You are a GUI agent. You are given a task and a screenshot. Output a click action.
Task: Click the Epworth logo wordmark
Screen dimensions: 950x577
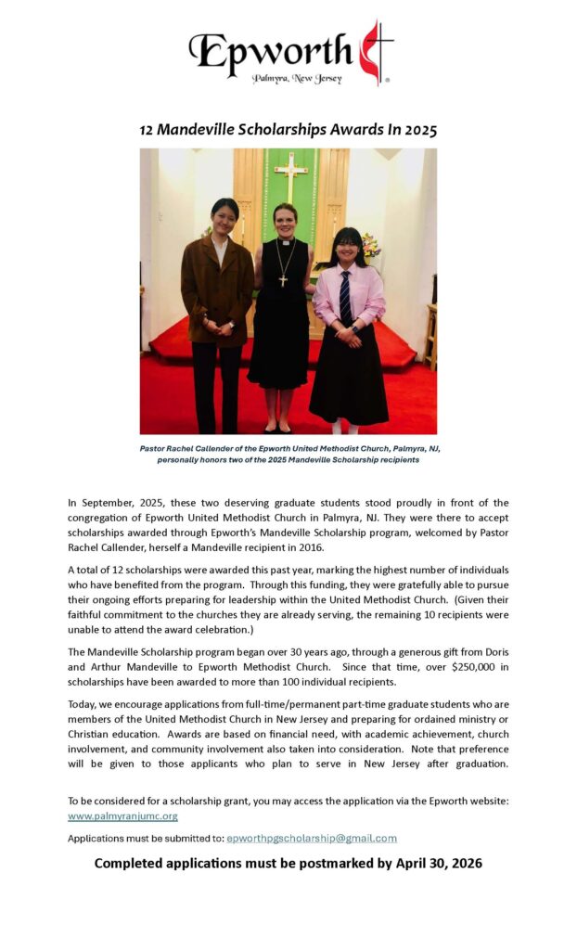(x=270, y=51)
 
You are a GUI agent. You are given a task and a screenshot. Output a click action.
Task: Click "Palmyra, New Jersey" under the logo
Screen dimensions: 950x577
(x=297, y=79)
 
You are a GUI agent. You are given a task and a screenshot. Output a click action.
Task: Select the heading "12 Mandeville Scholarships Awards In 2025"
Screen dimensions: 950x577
(x=288, y=130)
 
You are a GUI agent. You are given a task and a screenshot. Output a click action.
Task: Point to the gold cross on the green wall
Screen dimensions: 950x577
(x=291, y=175)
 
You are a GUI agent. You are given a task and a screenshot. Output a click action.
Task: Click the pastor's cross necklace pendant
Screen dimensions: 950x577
(x=283, y=279)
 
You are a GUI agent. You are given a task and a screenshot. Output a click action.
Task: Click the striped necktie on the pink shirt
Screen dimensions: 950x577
(x=345, y=296)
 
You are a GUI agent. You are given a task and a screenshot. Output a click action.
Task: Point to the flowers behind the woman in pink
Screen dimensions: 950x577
(x=372, y=245)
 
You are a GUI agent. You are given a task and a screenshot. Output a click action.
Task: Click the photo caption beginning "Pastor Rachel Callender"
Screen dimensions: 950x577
(x=289, y=454)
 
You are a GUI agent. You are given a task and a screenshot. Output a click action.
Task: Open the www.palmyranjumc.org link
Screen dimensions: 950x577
(x=122, y=816)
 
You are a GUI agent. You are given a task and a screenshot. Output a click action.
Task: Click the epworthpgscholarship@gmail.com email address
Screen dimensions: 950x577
(x=312, y=838)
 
